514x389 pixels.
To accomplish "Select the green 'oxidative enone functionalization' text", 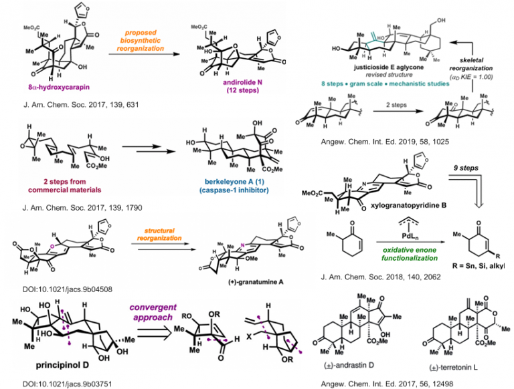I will click(x=389, y=251).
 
